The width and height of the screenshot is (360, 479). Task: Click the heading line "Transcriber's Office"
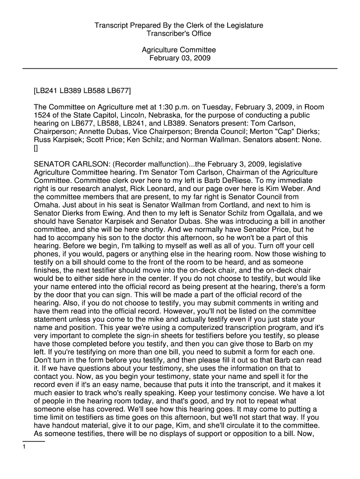pos(180,34)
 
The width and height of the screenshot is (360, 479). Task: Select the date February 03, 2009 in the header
pos(180,58)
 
